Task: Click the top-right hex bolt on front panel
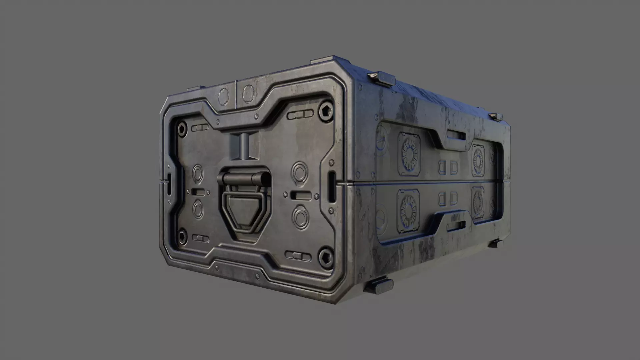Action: click(325, 110)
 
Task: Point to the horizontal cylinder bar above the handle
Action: click(243, 179)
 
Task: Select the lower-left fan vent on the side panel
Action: click(408, 211)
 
